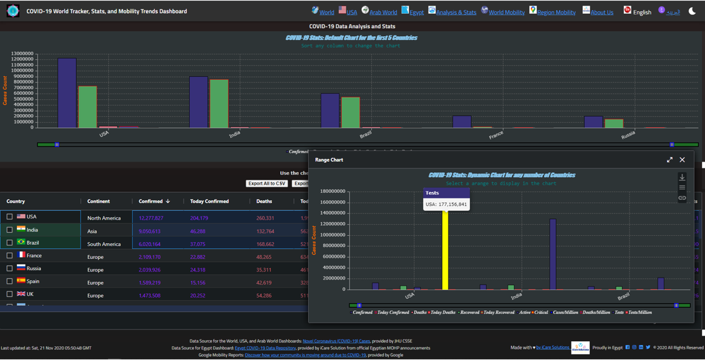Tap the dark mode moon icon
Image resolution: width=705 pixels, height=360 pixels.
point(692,11)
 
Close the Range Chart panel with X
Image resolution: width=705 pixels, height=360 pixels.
point(682,160)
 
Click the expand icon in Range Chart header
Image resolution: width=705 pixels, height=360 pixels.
point(669,160)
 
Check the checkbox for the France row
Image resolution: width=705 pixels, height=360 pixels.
point(9,255)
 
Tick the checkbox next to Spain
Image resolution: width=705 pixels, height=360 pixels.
point(9,281)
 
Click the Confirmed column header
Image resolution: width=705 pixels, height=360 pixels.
point(150,202)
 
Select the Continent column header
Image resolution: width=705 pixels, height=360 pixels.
point(99,202)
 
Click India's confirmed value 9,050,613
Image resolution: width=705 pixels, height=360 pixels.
point(150,231)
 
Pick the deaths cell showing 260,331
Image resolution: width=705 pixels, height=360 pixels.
point(265,218)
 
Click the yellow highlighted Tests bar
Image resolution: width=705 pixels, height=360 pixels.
point(445,250)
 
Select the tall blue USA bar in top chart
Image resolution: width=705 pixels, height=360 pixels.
point(67,94)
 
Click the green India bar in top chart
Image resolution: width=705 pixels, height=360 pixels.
point(219,104)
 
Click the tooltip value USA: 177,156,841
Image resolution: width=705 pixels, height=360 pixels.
point(446,204)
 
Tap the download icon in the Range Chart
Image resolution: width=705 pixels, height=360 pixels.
point(682,177)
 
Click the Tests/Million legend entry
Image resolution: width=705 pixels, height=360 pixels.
point(639,313)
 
